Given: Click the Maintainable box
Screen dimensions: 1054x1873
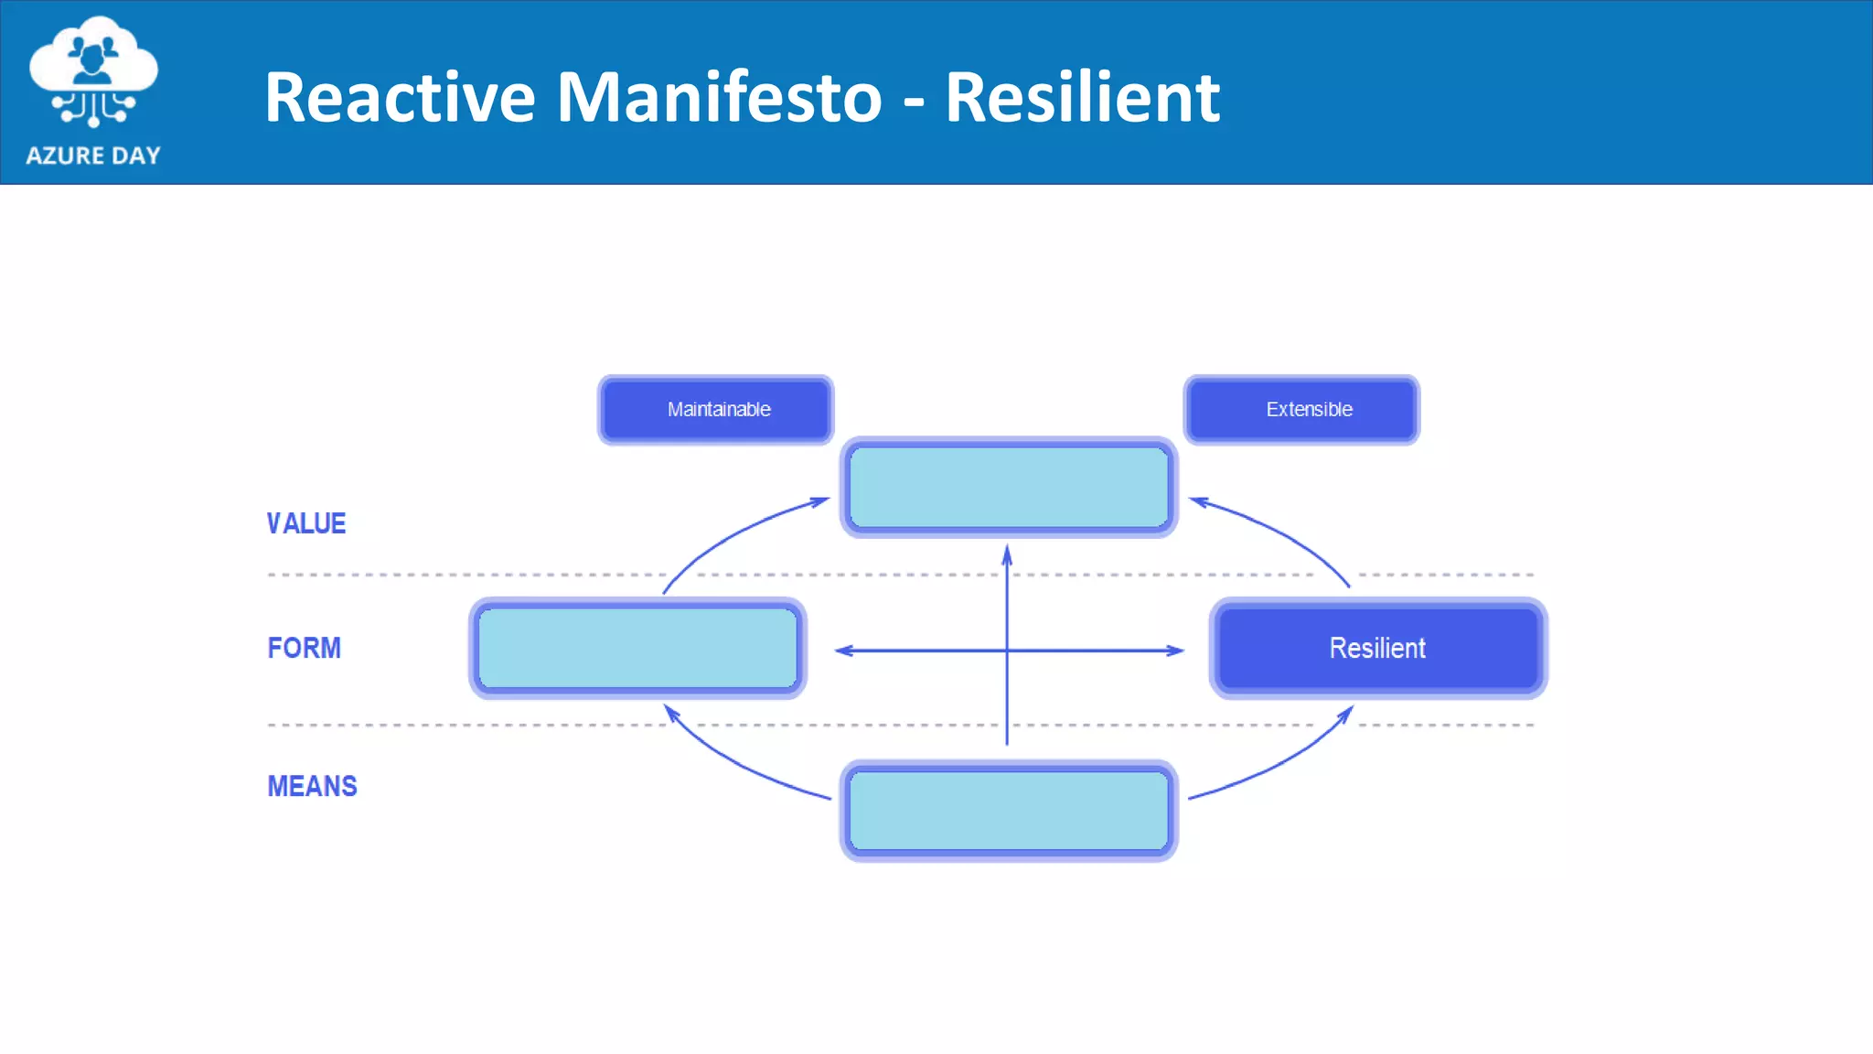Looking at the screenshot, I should coord(716,410).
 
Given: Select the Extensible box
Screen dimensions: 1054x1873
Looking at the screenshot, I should coord(1301,410).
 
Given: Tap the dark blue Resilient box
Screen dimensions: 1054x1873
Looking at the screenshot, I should coord(1378,648).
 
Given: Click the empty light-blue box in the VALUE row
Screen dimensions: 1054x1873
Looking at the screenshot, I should coord(1009,487).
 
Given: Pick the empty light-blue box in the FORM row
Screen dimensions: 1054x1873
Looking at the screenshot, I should coord(637,648).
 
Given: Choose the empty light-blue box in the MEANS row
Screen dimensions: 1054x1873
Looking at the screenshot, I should coord(1009,811).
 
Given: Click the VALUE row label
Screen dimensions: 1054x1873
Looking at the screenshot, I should coord(306,523).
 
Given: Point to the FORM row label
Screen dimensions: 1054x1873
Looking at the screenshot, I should coord(305,648).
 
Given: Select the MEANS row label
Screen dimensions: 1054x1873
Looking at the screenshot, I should coord(312,786).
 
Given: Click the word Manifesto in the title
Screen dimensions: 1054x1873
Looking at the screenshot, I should coord(719,97).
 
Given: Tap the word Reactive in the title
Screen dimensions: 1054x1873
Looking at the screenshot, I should coord(400,97).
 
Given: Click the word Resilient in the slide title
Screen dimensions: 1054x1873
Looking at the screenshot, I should coord(1082,97).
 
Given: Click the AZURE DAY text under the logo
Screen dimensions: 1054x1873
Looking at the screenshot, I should coord(93,156).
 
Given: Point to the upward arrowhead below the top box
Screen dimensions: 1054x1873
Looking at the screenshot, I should coord(1007,554).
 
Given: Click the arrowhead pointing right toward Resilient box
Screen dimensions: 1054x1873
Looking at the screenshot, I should coord(1175,651).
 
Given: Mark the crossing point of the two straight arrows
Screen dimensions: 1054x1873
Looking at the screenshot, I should coord(1007,651).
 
